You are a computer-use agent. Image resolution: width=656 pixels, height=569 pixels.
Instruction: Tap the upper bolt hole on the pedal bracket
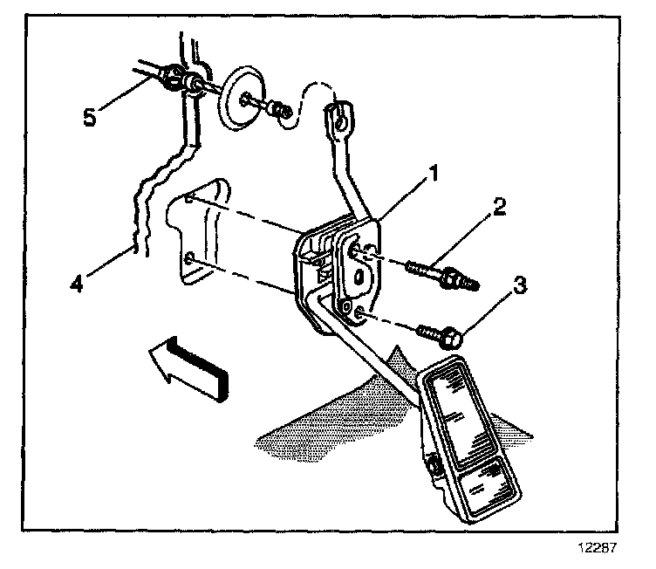[x=356, y=250]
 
